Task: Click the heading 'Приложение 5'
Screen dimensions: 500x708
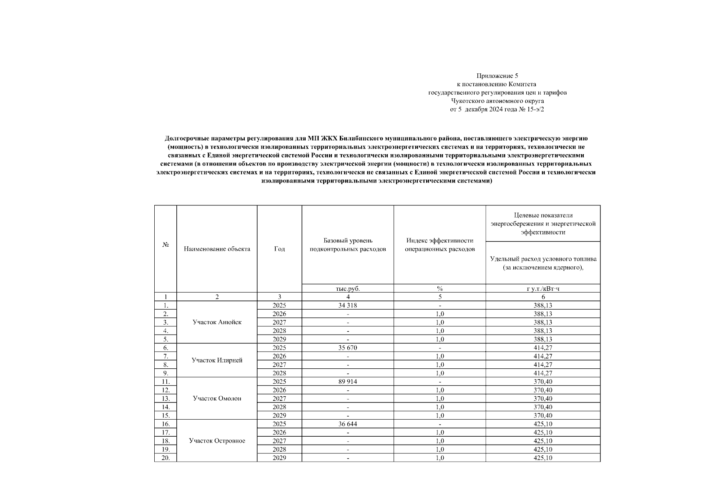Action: [x=497, y=76]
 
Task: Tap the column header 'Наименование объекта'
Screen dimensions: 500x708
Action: [x=217, y=249]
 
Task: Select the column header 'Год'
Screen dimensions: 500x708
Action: [x=279, y=249]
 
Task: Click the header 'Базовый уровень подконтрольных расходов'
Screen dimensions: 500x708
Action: [x=348, y=245]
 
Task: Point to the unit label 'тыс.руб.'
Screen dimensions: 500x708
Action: [x=348, y=288]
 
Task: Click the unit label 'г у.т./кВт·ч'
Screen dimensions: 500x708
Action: [x=543, y=288]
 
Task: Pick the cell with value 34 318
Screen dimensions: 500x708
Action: [x=348, y=305]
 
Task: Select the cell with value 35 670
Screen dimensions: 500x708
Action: [x=348, y=348]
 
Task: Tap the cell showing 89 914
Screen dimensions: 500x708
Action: [x=348, y=382]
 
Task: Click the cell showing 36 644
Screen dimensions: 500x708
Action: [x=348, y=424]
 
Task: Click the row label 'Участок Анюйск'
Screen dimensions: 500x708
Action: [x=217, y=322]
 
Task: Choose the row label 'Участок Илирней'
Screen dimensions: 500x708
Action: [x=217, y=360]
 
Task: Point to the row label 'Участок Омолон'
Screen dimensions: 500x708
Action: [x=217, y=399]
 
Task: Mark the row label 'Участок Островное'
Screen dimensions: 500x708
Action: [x=217, y=441]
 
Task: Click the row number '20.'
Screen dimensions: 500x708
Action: [x=166, y=458]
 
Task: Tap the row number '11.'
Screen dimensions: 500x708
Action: [x=166, y=382]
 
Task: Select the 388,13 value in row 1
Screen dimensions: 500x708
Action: [x=543, y=305]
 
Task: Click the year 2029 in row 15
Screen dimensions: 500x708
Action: [x=279, y=416]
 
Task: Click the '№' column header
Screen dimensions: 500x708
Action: [x=166, y=245]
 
